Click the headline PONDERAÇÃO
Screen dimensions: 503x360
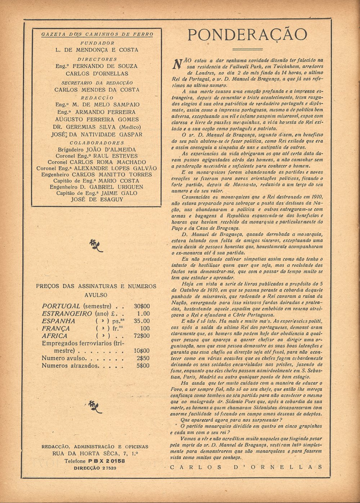pyautogui.click(x=247, y=35)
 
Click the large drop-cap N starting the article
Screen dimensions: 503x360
pyautogui.click(x=177, y=64)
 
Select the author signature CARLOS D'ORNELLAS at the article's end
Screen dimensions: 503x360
pyautogui.click(x=246, y=467)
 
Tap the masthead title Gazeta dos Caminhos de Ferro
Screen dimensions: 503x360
pyautogui.click(x=97, y=34)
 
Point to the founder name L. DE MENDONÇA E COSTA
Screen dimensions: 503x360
pyautogui.click(x=97, y=50)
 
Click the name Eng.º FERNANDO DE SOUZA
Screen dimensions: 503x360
pyautogui.click(x=96, y=66)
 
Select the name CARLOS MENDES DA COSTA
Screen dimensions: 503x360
pyautogui.click(x=97, y=90)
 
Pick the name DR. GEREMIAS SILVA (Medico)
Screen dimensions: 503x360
pyautogui.click(x=96, y=127)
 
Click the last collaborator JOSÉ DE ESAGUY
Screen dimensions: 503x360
pyautogui.click(x=97, y=199)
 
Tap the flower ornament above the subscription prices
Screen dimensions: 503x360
pyautogui.click(x=96, y=245)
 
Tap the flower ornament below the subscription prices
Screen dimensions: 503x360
pyautogui.click(x=95, y=406)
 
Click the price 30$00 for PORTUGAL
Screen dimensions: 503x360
pyautogui.click(x=141, y=306)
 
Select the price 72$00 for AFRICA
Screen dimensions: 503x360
pyautogui.click(x=141, y=336)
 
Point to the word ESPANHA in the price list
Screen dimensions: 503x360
pyautogui.click(x=59, y=321)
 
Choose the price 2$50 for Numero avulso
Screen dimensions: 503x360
pyautogui.click(x=143, y=358)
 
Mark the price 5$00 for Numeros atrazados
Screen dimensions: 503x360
pyautogui.click(x=143, y=365)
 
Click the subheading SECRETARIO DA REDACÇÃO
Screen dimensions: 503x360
pyautogui.click(x=97, y=83)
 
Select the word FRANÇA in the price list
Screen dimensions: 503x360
pyautogui.click(x=56, y=328)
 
